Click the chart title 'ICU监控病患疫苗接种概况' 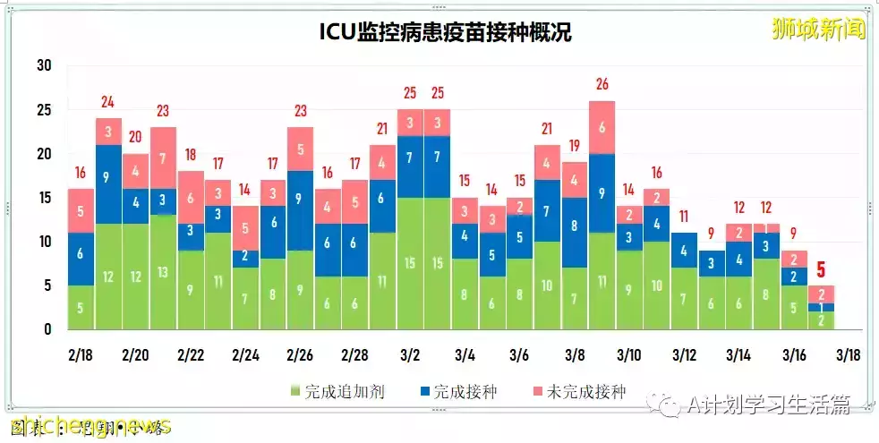(445, 33)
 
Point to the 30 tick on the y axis (45, 65)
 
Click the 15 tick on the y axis (45, 198)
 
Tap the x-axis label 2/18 (81, 355)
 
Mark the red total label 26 (602, 84)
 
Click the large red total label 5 (820, 268)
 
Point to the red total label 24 (108, 102)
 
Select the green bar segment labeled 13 (163, 272)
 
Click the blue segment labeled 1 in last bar (820, 307)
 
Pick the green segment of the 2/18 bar (81, 307)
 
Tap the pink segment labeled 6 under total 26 (602, 127)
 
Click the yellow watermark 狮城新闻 (818, 30)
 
